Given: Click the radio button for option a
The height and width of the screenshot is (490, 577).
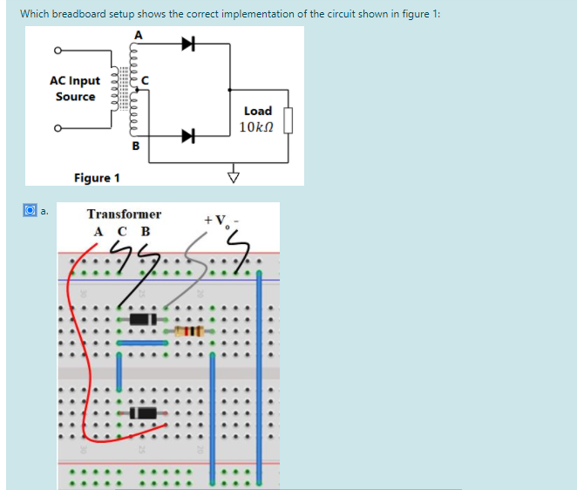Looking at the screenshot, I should [x=29, y=210].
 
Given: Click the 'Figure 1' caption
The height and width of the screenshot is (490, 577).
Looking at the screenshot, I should [x=97, y=178].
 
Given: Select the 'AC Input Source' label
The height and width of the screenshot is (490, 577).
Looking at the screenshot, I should [x=75, y=88].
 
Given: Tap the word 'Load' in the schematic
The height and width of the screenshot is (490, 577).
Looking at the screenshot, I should [x=257, y=111].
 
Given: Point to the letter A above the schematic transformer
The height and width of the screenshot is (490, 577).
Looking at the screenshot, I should [x=136, y=33].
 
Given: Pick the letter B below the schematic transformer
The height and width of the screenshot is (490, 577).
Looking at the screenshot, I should [x=135, y=146].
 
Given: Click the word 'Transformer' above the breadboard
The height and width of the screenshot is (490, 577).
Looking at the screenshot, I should [x=124, y=214].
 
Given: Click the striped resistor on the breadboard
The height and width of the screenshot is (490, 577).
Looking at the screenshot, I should [x=189, y=331].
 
